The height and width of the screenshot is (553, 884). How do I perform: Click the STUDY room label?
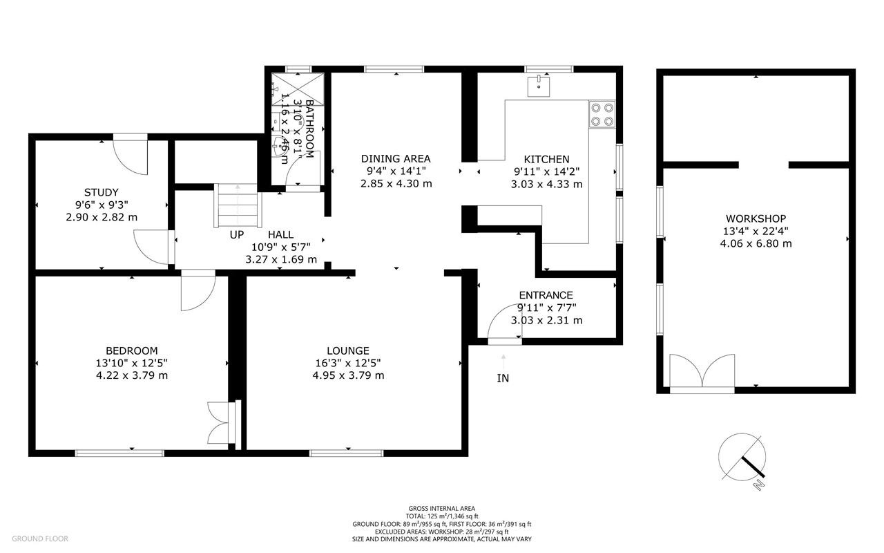tap(102, 192)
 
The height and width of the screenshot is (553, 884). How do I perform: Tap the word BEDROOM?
tap(132, 350)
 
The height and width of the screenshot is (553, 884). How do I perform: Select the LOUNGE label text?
tap(348, 350)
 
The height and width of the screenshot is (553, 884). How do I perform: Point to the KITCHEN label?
tap(546, 160)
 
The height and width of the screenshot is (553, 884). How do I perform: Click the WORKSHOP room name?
tap(756, 218)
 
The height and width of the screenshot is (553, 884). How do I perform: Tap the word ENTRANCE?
tap(546, 295)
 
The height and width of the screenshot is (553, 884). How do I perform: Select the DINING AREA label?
tap(396, 159)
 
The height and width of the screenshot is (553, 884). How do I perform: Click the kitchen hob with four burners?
tap(602, 115)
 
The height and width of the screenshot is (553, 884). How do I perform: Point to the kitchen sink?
tap(539, 86)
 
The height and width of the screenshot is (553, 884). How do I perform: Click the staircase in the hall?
tap(238, 205)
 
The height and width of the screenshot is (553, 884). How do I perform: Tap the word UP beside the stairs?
tap(237, 234)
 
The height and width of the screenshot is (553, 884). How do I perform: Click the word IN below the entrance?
tap(503, 378)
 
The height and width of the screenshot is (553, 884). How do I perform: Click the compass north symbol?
tap(742, 458)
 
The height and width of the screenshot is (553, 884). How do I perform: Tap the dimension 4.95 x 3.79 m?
tap(349, 375)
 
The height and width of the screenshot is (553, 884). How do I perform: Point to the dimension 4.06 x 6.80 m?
tap(756, 244)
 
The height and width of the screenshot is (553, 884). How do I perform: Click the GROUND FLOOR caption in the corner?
tap(40, 538)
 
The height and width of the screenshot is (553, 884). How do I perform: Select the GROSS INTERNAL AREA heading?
tap(441, 509)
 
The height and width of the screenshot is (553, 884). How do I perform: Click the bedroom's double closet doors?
tap(218, 422)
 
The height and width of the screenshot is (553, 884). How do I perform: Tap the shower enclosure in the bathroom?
tap(298, 89)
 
